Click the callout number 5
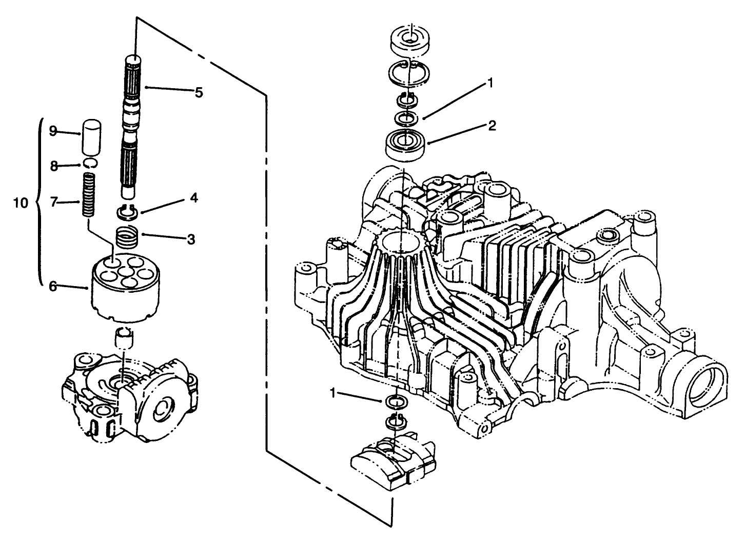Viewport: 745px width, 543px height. pos(198,93)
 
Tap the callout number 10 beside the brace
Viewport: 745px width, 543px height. pos(21,203)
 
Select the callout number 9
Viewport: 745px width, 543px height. pos(52,131)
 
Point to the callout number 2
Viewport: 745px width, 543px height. pos(492,126)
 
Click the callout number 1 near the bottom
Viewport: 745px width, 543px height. pos(333,393)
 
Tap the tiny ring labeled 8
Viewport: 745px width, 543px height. pos(90,164)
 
